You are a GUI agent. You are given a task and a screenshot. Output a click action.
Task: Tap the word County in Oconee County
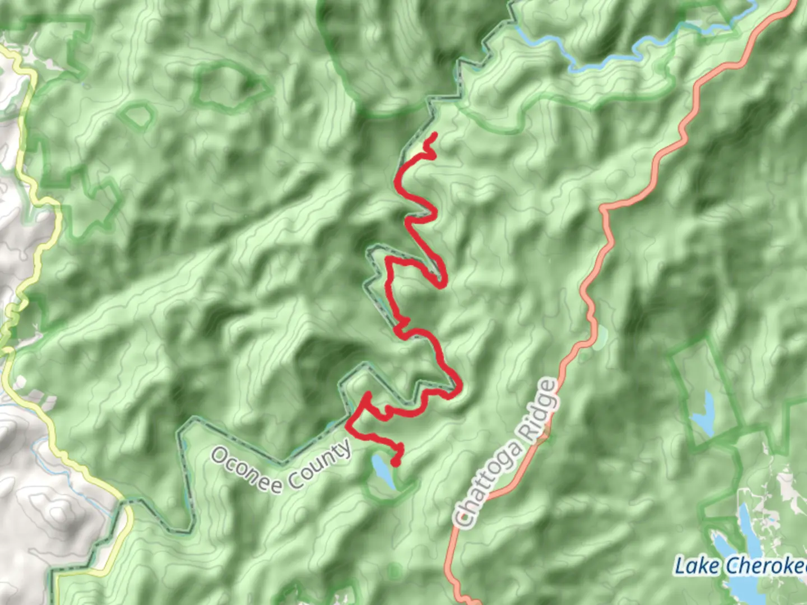(319, 465)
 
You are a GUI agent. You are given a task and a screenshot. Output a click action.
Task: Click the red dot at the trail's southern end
(395, 462)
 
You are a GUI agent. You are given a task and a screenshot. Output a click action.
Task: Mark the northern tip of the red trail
(435, 134)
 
